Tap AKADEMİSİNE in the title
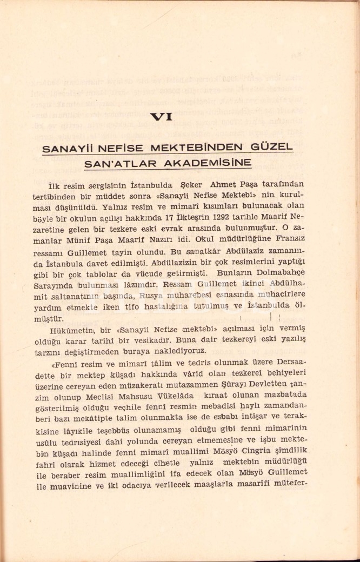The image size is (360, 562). (218, 162)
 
